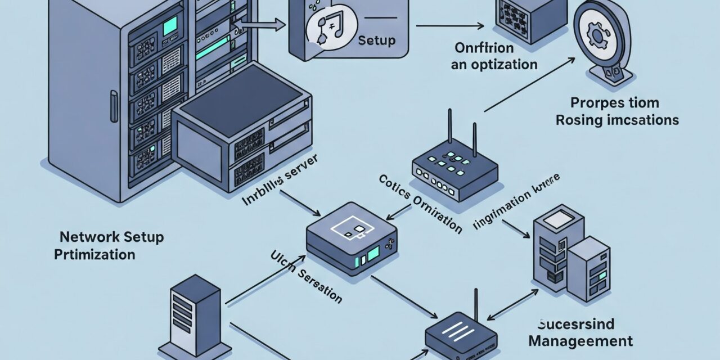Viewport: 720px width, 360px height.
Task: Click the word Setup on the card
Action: [377, 41]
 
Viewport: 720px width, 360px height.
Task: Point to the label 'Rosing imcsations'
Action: [617, 120]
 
